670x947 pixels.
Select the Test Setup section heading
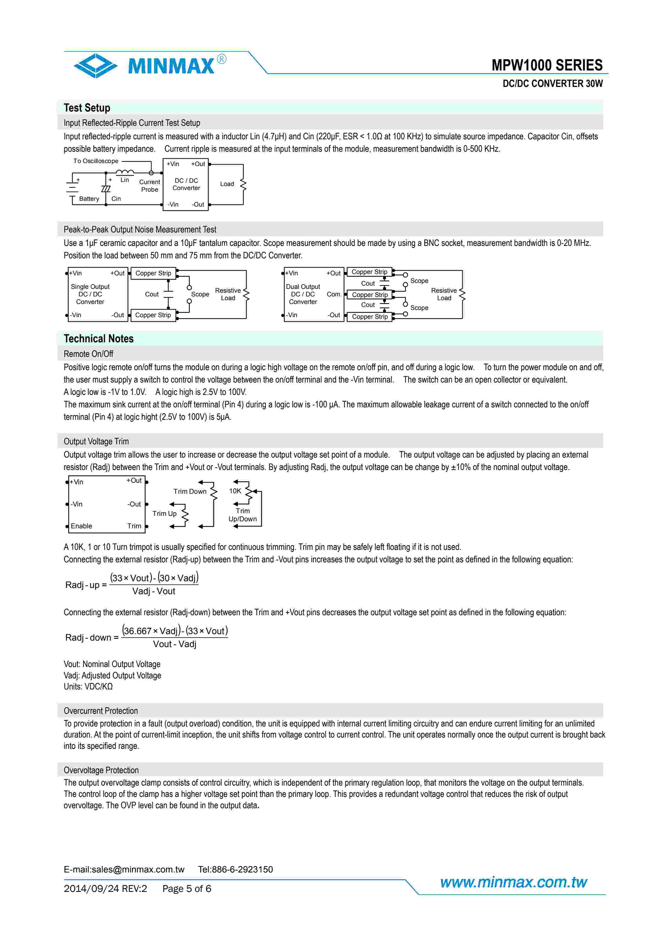click(x=87, y=108)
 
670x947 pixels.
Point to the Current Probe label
click(x=149, y=186)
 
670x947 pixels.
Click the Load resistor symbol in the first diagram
click(x=243, y=184)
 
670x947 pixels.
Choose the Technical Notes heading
click(x=98, y=339)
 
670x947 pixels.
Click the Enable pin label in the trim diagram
click(x=81, y=526)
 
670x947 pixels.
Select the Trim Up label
click(x=164, y=513)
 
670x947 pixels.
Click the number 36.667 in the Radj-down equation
click(x=138, y=631)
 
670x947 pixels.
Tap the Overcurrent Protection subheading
click(x=101, y=711)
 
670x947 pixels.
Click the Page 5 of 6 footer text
click(x=186, y=888)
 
